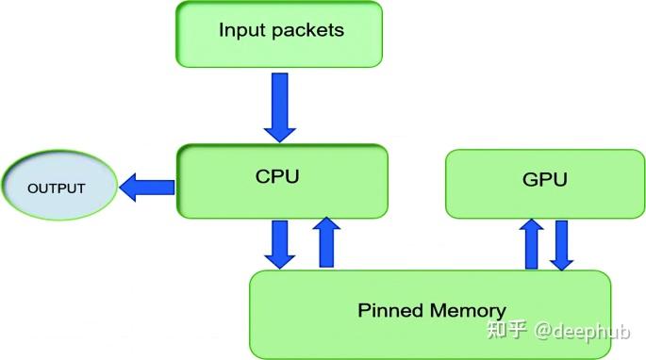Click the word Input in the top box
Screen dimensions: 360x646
(x=238, y=29)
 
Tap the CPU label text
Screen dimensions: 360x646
(x=277, y=175)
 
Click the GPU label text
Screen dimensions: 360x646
(x=544, y=180)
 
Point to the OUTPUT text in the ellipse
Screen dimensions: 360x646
(x=57, y=188)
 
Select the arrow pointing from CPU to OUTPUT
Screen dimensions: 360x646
(x=147, y=187)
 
